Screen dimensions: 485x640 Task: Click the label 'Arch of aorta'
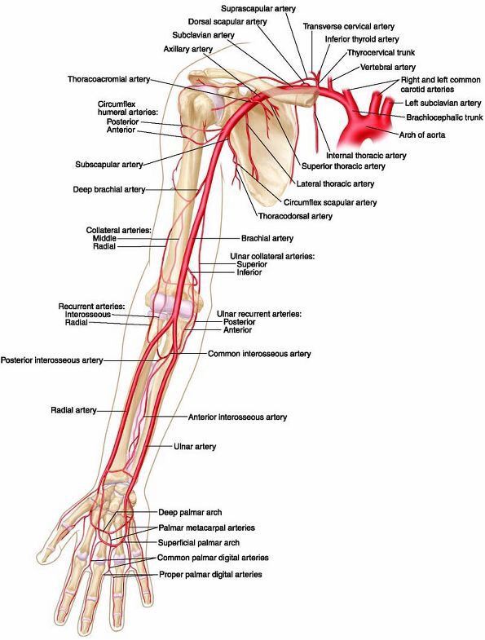[x=422, y=135]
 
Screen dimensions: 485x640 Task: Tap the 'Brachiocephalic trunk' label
[x=444, y=117]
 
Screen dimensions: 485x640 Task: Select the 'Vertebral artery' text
[x=388, y=67]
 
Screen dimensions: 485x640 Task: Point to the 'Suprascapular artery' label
[x=258, y=8]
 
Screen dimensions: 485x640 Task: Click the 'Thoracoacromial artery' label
[x=109, y=79]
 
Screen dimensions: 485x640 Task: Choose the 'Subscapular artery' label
[x=109, y=165]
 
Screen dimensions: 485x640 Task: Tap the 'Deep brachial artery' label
[x=109, y=189]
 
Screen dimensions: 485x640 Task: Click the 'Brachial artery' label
[x=267, y=238]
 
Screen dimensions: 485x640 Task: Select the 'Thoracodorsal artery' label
[x=295, y=216]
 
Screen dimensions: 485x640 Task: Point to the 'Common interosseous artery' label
[x=259, y=354]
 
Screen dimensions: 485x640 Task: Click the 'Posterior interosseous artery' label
[x=52, y=360]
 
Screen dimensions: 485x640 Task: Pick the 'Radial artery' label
[x=73, y=410]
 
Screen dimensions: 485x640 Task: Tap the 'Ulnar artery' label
[x=195, y=447]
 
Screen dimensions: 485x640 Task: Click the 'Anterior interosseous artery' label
[x=237, y=417]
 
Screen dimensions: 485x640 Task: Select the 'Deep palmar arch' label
[x=190, y=512]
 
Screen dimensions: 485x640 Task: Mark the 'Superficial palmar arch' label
[x=199, y=543]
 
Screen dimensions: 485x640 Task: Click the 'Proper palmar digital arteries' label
[x=210, y=574]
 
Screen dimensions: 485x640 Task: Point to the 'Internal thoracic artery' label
[x=366, y=156]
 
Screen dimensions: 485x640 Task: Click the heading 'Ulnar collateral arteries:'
[x=272, y=256]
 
